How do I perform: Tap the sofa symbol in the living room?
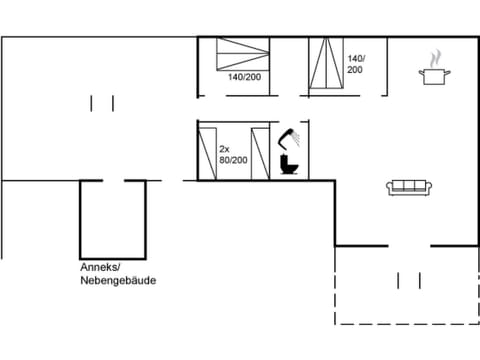pos(408,186)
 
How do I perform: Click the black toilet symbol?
pos(290,163)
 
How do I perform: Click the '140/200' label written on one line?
pos(243,77)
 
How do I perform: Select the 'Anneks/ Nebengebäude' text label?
pos(117,274)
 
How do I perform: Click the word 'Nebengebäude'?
pos(117,281)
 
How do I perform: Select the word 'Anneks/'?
pos(100,267)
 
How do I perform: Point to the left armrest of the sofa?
pos(391,187)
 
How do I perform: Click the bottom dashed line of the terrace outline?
pos(406,324)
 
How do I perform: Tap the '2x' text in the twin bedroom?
pos(224,146)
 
